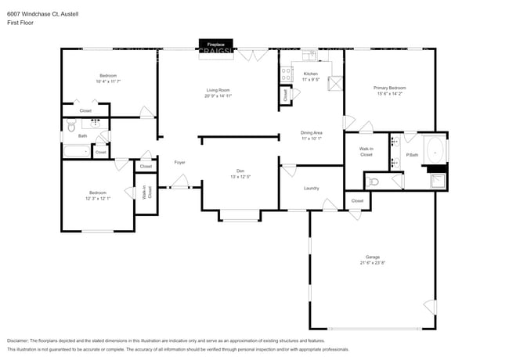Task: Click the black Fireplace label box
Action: [215, 45]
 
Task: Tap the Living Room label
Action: [218, 90]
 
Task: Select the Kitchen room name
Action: [310, 74]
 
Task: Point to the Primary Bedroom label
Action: [389, 88]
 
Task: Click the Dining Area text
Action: [312, 133]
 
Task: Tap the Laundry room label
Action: [311, 189]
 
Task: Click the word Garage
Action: [372, 257]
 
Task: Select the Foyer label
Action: [179, 162]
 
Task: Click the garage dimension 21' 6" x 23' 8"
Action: [372, 263]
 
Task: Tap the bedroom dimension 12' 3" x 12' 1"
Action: [98, 198]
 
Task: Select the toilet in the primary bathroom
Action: [374, 182]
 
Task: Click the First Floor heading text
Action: [20, 23]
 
